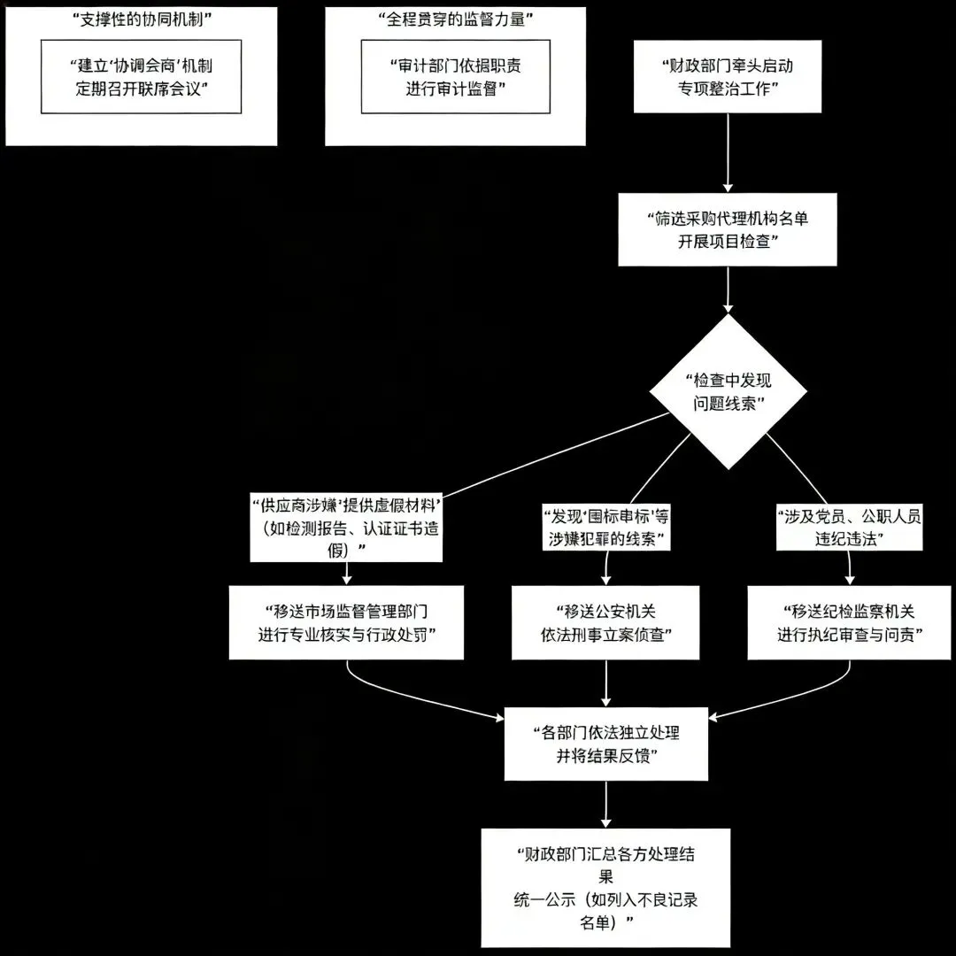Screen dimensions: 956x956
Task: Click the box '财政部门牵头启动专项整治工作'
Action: click(x=728, y=76)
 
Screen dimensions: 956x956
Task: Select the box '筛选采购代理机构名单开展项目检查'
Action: click(x=727, y=230)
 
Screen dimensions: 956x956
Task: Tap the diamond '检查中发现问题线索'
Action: click(x=729, y=390)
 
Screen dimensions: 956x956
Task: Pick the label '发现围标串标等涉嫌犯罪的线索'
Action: click(x=605, y=527)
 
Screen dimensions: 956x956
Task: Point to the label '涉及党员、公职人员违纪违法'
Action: click(x=849, y=528)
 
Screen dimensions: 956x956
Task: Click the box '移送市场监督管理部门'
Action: click(x=346, y=622)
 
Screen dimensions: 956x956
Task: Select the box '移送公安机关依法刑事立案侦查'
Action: click(x=605, y=622)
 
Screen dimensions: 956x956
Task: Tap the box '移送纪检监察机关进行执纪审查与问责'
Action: click(x=849, y=622)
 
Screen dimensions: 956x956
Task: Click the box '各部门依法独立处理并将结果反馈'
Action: click(x=606, y=744)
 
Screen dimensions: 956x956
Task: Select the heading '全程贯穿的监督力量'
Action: click(x=455, y=19)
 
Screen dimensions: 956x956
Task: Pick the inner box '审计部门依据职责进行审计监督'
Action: click(x=455, y=76)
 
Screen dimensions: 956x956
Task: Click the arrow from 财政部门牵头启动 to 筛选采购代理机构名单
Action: click(x=728, y=152)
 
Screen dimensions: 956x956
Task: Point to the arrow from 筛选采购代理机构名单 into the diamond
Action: click(x=728, y=289)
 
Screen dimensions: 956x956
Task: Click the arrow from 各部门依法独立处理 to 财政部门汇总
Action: click(x=606, y=804)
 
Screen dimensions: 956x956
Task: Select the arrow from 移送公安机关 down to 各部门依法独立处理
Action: click(x=606, y=682)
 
